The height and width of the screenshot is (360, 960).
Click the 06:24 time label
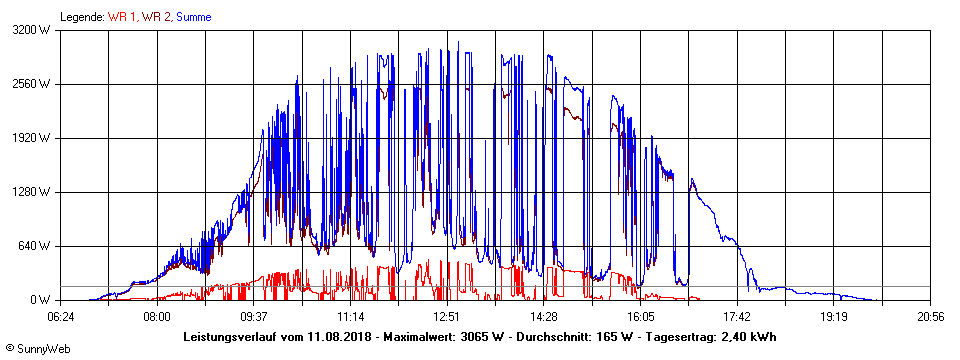point(61,316)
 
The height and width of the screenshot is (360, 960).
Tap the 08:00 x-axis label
point(157,316)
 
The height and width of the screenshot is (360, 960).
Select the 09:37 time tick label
point(254,316)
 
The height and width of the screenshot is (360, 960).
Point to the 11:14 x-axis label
point(351,316)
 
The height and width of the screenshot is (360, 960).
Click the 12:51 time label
point(447,316)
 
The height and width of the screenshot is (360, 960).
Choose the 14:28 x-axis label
point(544,316)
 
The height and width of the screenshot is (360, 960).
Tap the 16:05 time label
point(641,316)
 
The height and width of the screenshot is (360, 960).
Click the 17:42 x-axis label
point(737,316)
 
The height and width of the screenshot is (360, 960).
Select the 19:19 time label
point(834,316)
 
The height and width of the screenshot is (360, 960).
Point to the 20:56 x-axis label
point(930,316)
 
